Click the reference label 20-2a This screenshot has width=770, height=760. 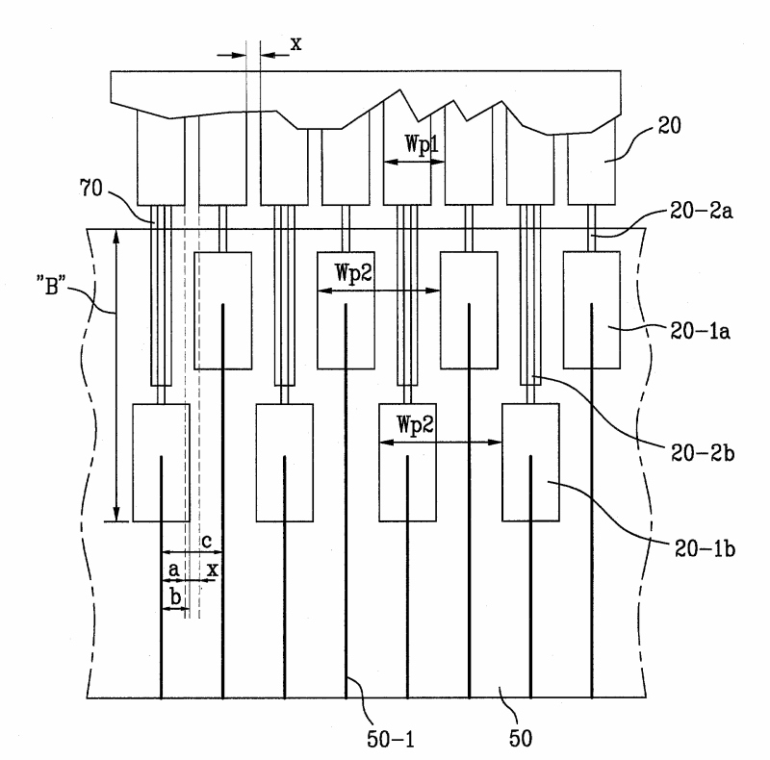[702, 211]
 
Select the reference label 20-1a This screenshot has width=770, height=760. [701, 331]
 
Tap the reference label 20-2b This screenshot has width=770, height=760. [703, 453]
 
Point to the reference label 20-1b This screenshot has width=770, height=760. [705, 548]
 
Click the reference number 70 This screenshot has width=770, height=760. [90, 188]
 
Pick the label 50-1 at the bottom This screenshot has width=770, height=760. [391, 739]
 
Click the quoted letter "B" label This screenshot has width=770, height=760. [51, 286]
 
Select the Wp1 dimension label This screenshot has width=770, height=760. [422, 144]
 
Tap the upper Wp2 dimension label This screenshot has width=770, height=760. [353, 272]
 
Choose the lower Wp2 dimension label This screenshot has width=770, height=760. [415, 424]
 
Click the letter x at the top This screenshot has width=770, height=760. [295, 44]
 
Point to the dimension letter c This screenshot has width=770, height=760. [207, 541]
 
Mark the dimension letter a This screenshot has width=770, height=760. [173, 570]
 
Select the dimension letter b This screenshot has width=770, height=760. [175, 597]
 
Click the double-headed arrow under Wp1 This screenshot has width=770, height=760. [414, 162]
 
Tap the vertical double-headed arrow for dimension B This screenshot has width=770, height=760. [115, 375]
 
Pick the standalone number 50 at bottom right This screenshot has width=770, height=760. [521, 738]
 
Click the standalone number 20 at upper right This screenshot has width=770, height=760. [669, 126]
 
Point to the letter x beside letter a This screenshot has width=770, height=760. [212, 570]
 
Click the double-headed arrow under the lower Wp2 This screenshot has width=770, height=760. [441, 443]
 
